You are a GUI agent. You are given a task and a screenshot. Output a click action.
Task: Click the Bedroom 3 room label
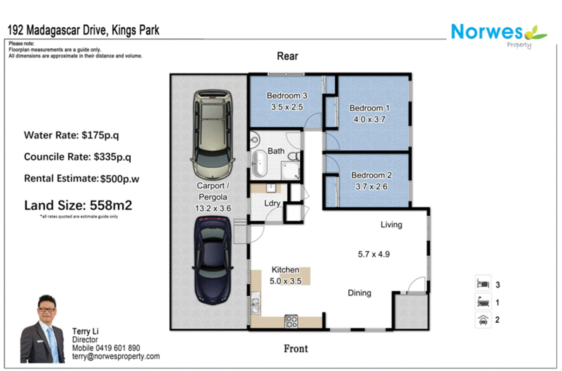[x=287, y=95]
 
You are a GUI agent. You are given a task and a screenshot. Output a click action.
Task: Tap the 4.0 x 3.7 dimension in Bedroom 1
[x=369, y=120]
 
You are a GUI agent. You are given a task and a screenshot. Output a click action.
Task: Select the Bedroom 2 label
[x=371, y=175]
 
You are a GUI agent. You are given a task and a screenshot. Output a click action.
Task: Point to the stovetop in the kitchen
[x=291, y=322]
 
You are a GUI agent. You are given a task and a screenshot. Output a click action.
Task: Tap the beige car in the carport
[x=213, y=135]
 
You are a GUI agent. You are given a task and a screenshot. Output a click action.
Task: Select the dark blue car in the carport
[x=213, y=260]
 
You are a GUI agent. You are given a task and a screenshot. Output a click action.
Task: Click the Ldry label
[x=272, y=203]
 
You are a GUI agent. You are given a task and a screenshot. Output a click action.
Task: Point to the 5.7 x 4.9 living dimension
[x=373, y=254]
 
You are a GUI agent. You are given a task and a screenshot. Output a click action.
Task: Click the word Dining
[x=359, y=293]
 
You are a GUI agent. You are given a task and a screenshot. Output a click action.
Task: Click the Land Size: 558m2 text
[x=78, y=205]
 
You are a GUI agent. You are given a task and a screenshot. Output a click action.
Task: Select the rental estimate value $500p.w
[x=119, y=179]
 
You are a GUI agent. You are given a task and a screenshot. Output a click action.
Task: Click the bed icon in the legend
[x=483, y=284]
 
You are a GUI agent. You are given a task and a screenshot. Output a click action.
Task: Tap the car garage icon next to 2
[x=483, y=320]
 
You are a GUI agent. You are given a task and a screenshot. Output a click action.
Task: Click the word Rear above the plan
[x=287, y=56]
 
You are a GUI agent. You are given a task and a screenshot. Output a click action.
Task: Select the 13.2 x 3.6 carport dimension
[x=213, y=208]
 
